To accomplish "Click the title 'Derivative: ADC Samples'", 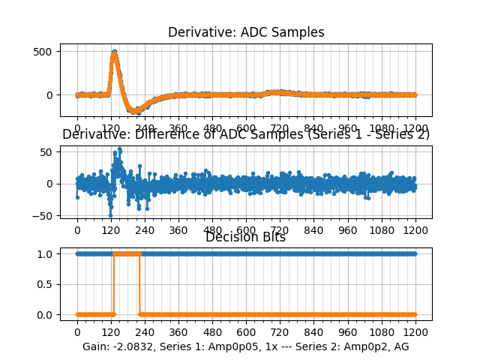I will point(246,32).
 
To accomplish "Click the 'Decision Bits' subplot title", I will point(246,237).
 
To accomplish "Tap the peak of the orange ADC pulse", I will point(114,52).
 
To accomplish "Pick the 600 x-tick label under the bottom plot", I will point(246,331).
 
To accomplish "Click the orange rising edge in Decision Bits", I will point(113,285).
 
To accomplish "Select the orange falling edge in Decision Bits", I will point(139,285).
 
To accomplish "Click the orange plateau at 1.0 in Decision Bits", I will point(126,253).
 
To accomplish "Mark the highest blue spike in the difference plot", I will point(119,149).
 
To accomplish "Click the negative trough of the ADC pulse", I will point(135,112).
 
